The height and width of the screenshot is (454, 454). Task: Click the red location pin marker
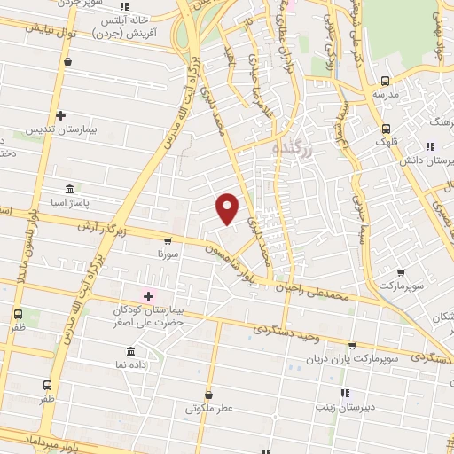(229, 207)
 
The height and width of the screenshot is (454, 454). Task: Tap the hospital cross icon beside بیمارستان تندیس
(60, 115)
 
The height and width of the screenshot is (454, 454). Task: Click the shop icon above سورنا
(168, 240)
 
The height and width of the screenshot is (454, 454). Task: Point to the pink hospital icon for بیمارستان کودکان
(148, 295)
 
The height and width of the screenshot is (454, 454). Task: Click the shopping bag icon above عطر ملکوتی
(208, 395)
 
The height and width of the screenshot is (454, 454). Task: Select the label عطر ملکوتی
(207, 410)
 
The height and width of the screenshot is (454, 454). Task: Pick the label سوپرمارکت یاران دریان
(364, 360)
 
